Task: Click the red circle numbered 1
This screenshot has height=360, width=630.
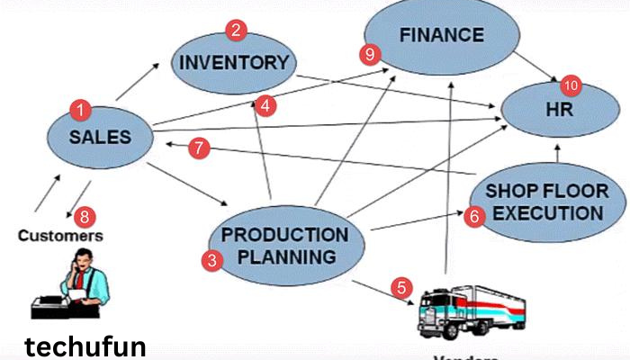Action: click(x=81, y=111)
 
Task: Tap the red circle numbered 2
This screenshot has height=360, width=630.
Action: click(x=236, y=31)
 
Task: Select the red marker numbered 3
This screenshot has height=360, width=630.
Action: click(x=211, y=261)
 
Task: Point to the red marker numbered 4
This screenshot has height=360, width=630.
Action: click(x=265, y=105)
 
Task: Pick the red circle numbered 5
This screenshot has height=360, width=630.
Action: click(x=401, y=289)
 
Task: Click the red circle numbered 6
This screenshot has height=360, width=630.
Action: click(x=474, y=216)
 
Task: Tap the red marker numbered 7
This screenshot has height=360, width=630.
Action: click(x=200, y=148)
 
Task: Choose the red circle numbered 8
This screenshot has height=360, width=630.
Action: click(x=85, y=216)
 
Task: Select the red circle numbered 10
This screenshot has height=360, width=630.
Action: click(x=571, y=86)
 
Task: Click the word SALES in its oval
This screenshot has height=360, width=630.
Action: click(x=100, y=138)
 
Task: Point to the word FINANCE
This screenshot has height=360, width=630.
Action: click(x=442, y=36)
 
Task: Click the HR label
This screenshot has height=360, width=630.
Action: click(x=558, y=110)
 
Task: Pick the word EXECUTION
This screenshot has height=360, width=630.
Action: click(x=548, y=213)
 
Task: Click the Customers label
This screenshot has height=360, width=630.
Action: click(x=61, y=237)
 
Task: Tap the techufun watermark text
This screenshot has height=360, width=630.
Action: click(x=84, y=347)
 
